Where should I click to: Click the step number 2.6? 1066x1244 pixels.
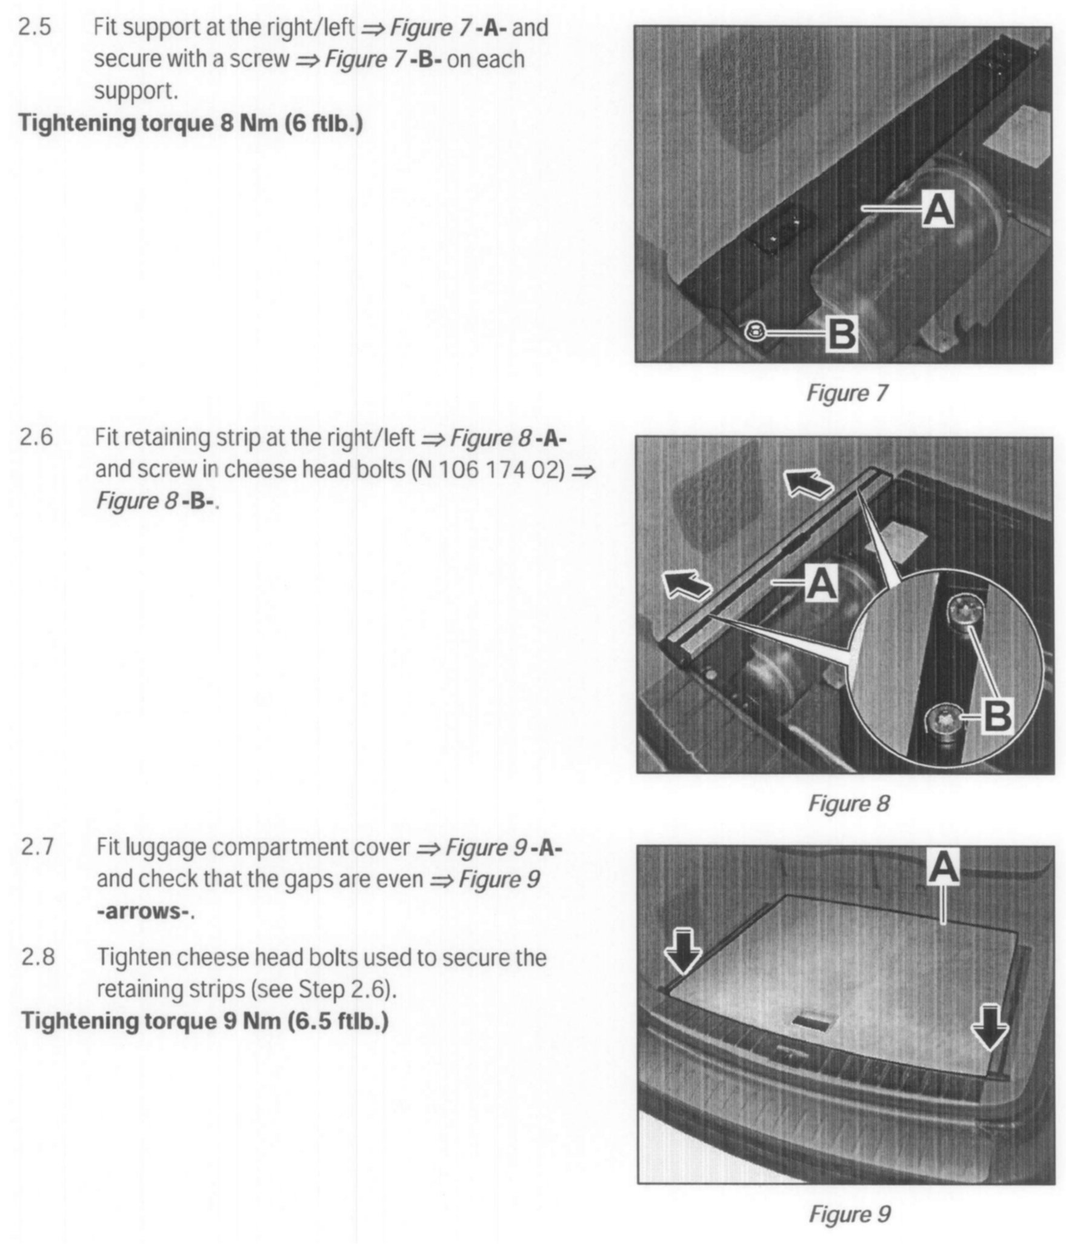37,437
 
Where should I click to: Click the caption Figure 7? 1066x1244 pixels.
847,393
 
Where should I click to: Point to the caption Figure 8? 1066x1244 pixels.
848,803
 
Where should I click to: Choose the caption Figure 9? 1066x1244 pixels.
849,1214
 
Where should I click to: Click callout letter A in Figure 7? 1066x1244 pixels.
937,210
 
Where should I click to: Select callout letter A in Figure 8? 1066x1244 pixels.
822,583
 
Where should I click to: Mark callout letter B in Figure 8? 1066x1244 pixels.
997,716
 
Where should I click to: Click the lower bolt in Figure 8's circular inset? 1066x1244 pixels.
941,720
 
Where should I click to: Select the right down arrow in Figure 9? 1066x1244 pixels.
990,1026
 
